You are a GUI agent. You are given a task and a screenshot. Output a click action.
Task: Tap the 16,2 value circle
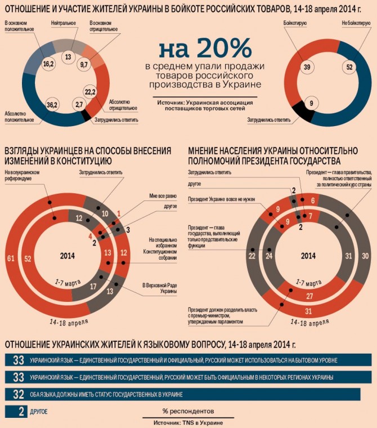tap(48, 65)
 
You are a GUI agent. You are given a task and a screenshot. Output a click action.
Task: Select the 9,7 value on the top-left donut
tap(85, 65)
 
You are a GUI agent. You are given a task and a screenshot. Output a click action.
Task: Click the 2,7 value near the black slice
tap(79, 105)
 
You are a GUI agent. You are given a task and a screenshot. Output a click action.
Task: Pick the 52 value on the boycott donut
tap(349, 67)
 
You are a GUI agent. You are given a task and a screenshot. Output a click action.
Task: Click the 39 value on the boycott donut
tap(307, 67)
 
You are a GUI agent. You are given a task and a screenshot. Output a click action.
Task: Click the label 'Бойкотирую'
tap(297, 23)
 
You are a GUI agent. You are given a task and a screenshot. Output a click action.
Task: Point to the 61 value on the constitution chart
tap(11, 257)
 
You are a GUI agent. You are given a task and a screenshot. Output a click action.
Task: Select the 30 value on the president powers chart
tap(365, 256)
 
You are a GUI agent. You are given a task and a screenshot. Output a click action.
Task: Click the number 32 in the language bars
tap(19, 394)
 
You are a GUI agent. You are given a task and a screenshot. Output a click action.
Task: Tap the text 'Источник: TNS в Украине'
tap(188, 422)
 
